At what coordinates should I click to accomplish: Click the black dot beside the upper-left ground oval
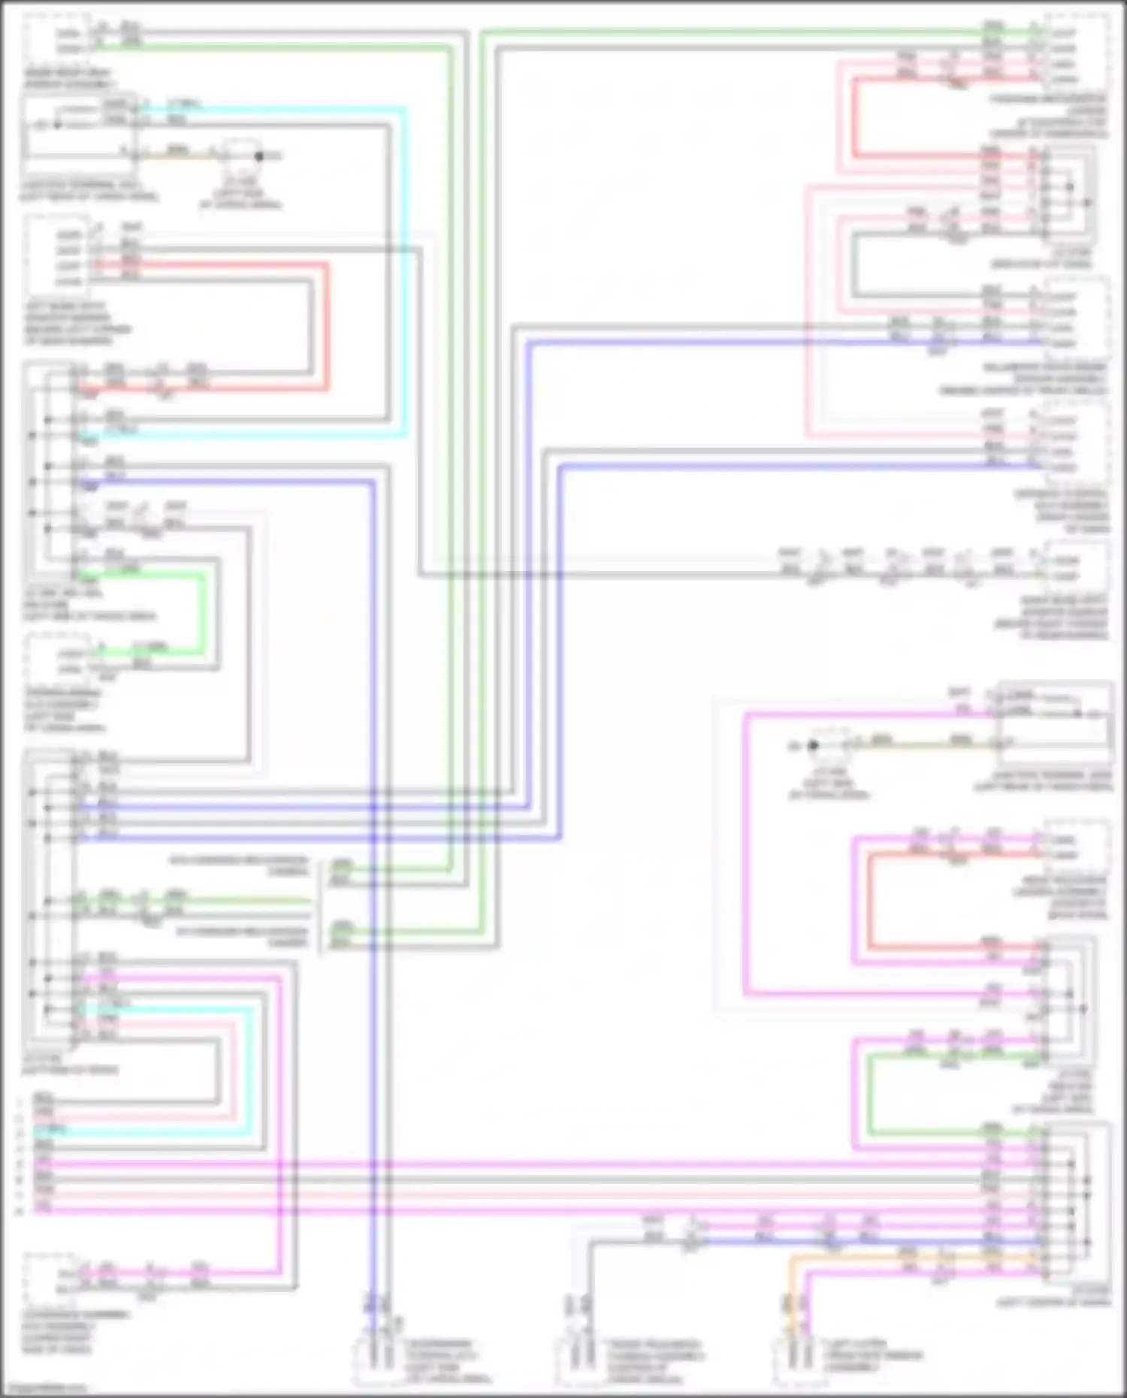[259, 156]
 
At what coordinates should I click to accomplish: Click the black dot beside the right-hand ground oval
[813, 746]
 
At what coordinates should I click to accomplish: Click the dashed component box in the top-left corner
[56, 41]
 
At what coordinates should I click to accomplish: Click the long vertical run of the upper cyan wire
[405, 270]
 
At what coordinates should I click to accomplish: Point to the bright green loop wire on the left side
[203, 612]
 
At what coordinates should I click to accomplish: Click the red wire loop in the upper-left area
[327, 323]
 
